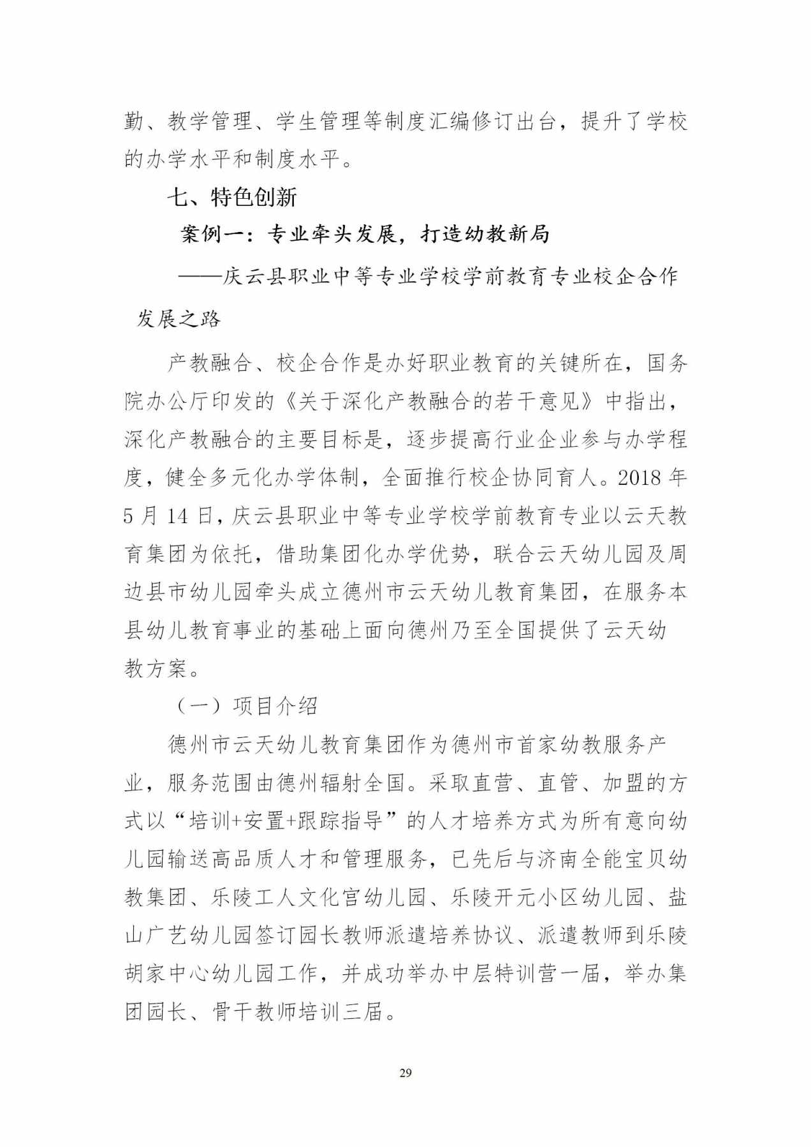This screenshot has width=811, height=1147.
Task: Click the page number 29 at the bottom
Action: pyautogui.click(x=405, y=1073)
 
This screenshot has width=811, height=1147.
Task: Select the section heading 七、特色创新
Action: pyautogui.click(x=232, y=198)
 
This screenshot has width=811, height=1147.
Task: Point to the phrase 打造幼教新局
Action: pyautogui.click(x=485, y=234)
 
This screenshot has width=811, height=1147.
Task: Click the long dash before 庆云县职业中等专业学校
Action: pyautogui.click(x=200, y=277)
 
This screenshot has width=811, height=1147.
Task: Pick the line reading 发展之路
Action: pyautogui.click(x=179, y=319)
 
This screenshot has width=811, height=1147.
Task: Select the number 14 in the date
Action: pyautogui.click(x=178, y=516)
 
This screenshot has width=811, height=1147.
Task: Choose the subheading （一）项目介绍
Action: pyautogui.click(x=246, y=706)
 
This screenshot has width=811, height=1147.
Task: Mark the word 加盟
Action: pyautogui.click(x=625, y=783)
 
